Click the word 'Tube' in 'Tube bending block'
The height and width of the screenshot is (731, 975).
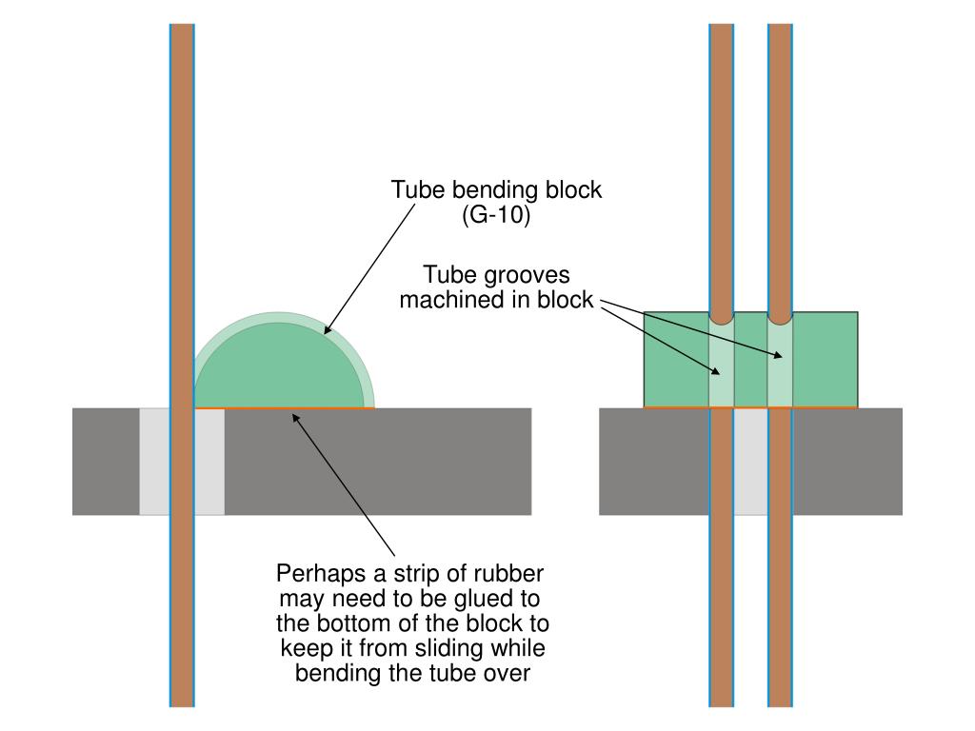tap(412, 190)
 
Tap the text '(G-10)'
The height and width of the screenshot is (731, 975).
tap(496, 215)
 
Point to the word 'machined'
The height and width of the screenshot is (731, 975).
tap(445, 300)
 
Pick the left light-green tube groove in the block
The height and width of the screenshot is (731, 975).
tap(722, 366)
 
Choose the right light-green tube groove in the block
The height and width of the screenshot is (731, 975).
tap(780, 366)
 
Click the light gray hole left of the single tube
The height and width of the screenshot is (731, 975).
tap(154, 462)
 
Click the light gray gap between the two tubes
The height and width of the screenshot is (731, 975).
tap(750, 462)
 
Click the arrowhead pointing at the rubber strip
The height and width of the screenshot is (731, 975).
tap(297, 417)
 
